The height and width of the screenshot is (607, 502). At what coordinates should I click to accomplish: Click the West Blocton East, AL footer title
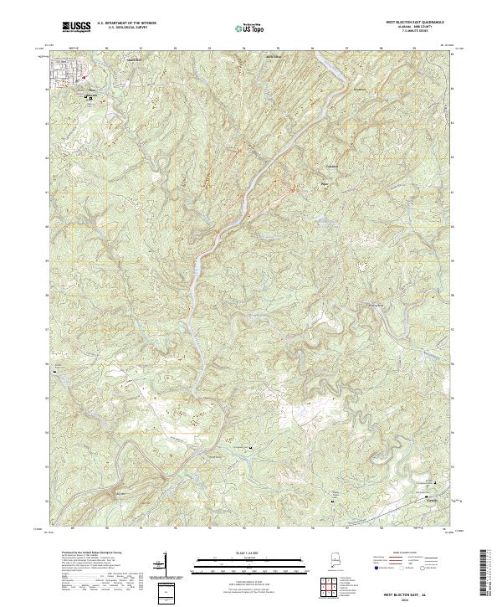pos(400,593)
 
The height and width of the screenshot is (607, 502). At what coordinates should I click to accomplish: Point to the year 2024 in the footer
pos(400,599)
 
